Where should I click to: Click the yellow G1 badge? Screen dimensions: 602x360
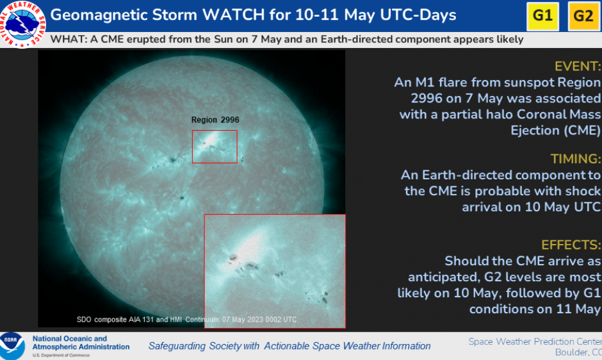click(542, 16)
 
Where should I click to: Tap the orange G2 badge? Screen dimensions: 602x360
click(584, 16)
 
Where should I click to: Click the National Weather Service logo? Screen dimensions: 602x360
click(22, 24)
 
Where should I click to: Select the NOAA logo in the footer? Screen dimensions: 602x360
click(12, 346)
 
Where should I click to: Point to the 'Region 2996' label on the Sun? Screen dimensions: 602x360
click(215, 120)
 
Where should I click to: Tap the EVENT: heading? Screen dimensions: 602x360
click(578, 67)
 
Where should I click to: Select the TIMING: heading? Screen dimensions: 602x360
click(576, 159)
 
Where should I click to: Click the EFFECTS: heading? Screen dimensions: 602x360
click(571, 245)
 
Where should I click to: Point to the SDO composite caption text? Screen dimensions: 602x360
click(186, 320)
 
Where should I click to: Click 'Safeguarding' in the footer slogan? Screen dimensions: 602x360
click(177, 346)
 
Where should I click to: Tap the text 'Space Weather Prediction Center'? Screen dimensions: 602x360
click(535, 341)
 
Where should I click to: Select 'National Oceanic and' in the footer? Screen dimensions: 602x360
click(70, 338)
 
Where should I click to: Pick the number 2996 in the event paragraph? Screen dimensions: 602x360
click(427, 99)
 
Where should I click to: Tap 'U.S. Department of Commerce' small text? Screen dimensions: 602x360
click(61, 355)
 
